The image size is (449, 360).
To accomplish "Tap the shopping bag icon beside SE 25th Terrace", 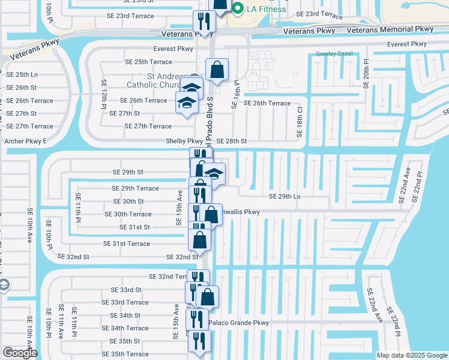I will click(x=217, y=69).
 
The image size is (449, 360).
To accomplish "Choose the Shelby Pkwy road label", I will click(x=184, y=141).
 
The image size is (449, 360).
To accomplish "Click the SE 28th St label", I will click(x=232, y=141).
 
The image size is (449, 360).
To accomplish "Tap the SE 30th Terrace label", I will click(x=128, y=214).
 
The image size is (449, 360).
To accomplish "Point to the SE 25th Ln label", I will click(x=22, y=74).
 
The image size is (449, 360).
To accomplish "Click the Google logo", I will click(x=20, y=353).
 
